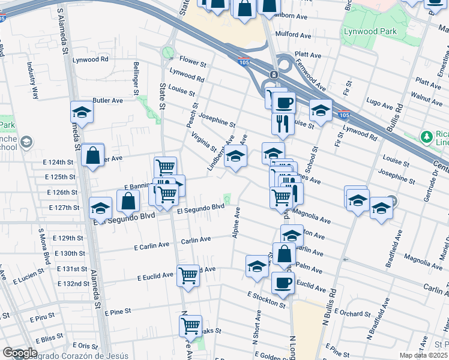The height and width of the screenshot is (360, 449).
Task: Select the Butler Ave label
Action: (108, 100)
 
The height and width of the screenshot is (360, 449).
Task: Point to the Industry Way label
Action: (35, 87)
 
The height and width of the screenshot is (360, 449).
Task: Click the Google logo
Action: (19, 353)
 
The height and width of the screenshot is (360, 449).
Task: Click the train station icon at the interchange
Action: (273, 74)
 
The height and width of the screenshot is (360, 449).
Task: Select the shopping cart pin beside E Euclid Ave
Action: (188, 275)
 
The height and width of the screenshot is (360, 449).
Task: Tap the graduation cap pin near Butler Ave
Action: (82, 112)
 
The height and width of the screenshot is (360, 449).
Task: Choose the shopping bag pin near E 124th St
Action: (93, 155)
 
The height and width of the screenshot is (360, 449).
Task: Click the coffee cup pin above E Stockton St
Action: (282, 282)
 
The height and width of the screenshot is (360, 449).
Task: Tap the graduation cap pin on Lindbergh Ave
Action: (236, 156)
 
